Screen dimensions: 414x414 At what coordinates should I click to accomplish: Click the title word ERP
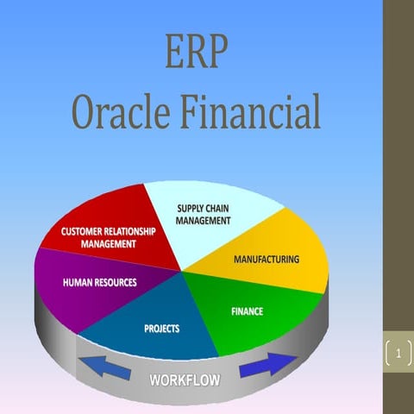click(x=197, y=53)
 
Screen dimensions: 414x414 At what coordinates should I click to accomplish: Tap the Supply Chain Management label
click(x=204, y=214)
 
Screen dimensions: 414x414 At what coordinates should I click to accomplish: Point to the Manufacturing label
click(x=267, y=259)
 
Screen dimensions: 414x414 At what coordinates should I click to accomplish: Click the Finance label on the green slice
click(x=247, y=310)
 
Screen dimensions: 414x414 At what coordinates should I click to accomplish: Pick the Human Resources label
click(x=100, y=282)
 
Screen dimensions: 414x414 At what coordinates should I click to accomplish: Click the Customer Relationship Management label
click(x=109, y=237)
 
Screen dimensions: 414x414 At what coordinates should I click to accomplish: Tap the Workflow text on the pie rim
click(x=185, y=379)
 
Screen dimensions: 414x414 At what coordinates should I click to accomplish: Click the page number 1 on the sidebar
click(x=398, y=354)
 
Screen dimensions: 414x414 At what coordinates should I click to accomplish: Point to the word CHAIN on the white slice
click(x=219, y=208)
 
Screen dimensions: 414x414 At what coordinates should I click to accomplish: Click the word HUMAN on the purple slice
click(x=78, y=282)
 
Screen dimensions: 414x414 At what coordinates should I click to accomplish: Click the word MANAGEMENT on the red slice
click(x=109, y=243)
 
